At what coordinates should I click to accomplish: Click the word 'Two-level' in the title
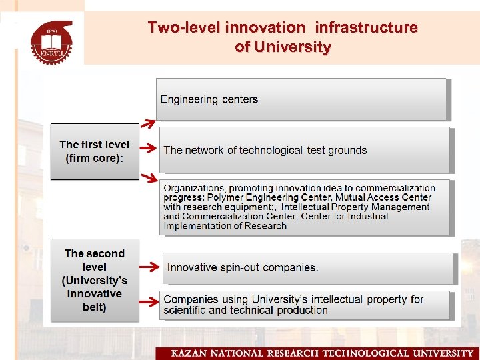pos(184,28)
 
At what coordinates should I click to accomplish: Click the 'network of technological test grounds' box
pos(304,150)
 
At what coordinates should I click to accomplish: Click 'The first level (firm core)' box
pos(94,151)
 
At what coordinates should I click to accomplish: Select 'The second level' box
pos(94,280)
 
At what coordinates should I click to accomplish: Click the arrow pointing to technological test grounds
pos(149,150)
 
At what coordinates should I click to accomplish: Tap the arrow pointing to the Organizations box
pos(148,177)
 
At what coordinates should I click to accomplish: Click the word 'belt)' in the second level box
pos(94,307)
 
